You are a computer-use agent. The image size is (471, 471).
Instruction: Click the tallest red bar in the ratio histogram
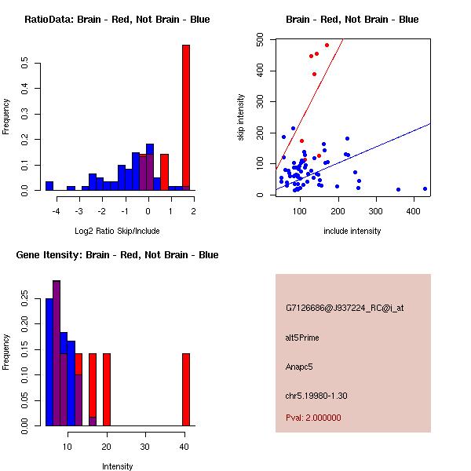pos(186,118)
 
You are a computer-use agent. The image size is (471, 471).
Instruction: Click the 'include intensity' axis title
pos(352,231)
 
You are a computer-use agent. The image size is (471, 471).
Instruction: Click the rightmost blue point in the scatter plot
pos(425,188)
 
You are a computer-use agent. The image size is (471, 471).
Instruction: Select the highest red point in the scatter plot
pos(327,45)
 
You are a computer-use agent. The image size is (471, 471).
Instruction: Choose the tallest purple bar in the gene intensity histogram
pos(57,352)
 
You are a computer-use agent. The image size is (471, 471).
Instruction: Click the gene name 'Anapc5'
pos(300,367)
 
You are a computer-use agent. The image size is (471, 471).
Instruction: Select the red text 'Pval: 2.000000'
pos(313,418)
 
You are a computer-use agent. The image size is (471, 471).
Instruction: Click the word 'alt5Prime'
pos(302,338)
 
